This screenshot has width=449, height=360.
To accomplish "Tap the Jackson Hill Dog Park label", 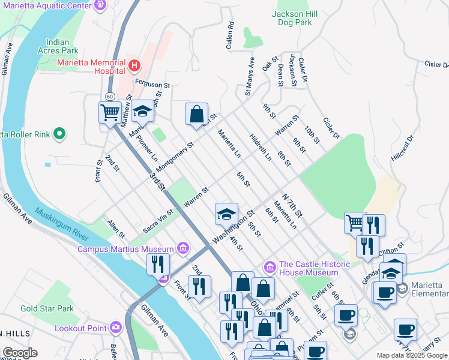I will [292, 18].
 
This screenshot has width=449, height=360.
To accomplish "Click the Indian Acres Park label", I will [67, 47].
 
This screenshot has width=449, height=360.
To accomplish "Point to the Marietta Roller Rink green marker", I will [59, 134].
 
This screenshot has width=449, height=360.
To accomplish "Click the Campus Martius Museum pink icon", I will [183, 248].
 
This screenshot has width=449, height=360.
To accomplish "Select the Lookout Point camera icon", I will [115, 328].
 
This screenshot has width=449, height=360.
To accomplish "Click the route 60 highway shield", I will [109, 96].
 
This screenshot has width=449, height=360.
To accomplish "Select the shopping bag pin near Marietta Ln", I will [196, 114].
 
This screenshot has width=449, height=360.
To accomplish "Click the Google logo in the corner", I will [20, 353].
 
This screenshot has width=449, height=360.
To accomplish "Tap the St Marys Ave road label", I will [250, 77].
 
